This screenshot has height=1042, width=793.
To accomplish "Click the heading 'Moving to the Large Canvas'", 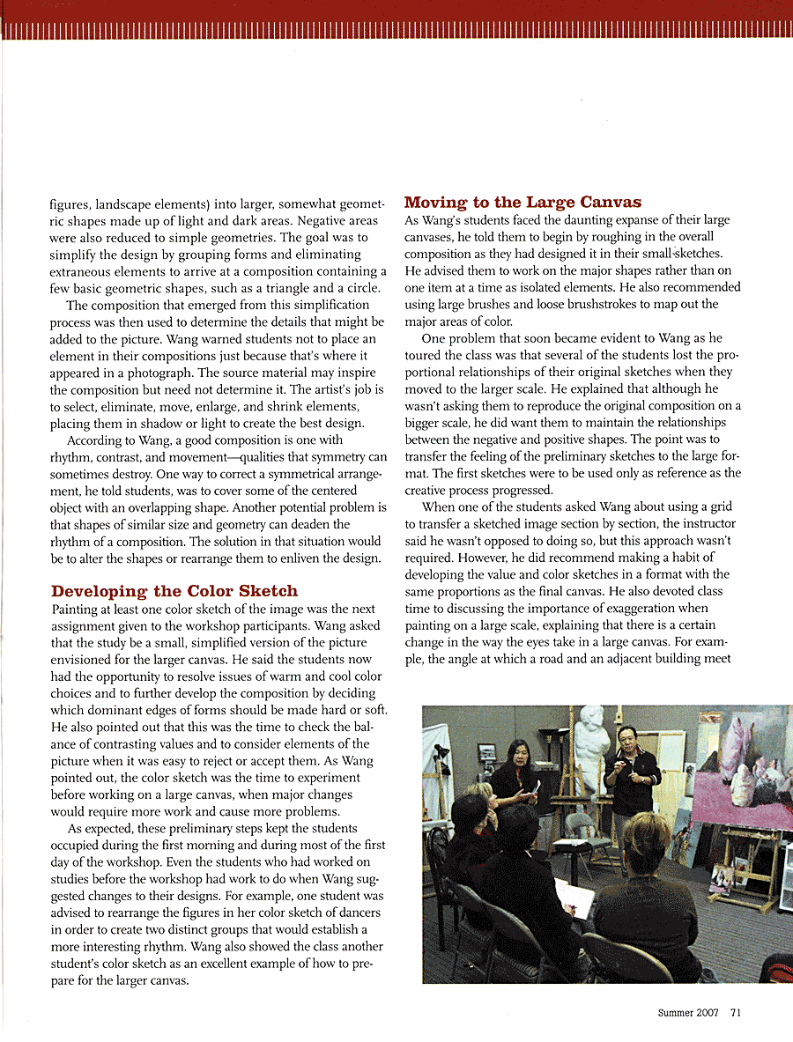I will point(522,203).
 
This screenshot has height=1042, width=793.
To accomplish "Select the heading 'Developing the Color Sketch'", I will point(174,591).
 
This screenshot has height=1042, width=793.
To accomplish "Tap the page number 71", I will point(735,1012).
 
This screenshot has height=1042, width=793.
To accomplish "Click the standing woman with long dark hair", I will point(520,775).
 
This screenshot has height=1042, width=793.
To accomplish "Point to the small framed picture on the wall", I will point(486,753).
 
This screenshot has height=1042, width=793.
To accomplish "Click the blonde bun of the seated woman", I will point(651,833).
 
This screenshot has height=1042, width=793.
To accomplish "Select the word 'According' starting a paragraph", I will point(94,440).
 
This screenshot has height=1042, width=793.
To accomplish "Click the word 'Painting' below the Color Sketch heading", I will point(76,609).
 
